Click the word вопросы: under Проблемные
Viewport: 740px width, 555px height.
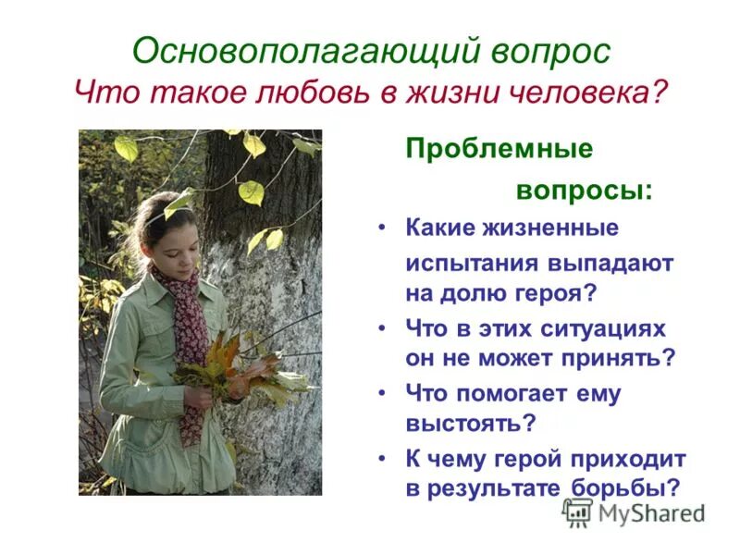[x=583, y=191]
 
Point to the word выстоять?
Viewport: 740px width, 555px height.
[x=471, y=424]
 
